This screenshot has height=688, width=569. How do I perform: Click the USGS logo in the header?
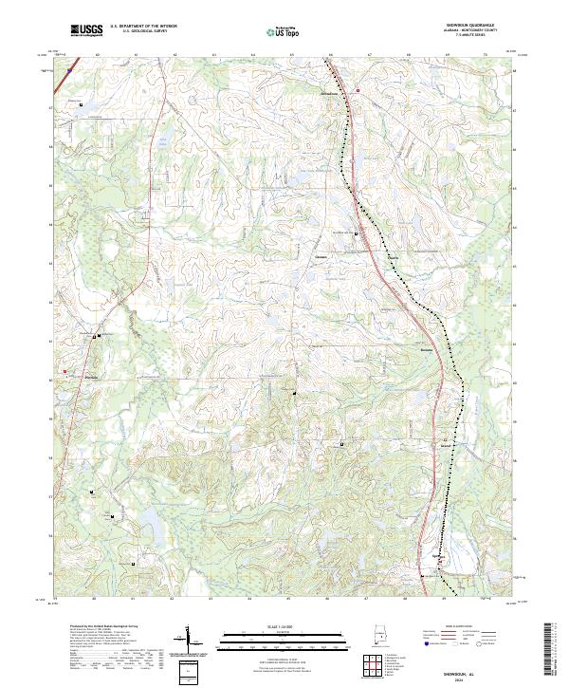[x=86, y=30]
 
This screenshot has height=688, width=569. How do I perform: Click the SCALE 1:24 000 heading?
[x=282, y=623]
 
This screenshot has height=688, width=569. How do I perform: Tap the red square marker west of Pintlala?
[x=65, y=371]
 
